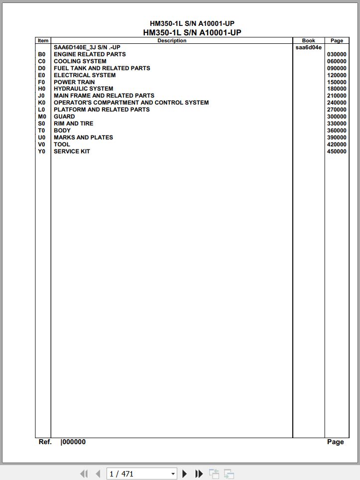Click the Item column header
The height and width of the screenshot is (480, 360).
43,41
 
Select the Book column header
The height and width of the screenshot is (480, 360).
308,41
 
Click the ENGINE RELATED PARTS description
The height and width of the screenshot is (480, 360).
90,54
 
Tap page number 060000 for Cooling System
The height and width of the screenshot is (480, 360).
337,61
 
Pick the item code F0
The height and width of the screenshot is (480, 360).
42,82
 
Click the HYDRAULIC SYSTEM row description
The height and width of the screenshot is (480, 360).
83,89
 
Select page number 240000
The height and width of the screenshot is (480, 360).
337,103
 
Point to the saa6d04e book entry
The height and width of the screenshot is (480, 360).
308,48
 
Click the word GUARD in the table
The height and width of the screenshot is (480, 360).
64,117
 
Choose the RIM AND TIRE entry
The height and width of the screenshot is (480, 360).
73,123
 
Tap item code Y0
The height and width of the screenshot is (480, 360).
42,151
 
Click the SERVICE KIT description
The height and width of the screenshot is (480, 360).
72,151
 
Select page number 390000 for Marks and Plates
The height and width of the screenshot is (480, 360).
337,137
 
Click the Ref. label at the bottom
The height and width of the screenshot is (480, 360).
45,442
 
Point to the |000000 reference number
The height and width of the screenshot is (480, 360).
73,442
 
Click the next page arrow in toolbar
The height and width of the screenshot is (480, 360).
185,474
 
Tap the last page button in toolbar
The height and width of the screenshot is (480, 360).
199,474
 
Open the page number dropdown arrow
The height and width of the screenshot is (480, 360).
173,474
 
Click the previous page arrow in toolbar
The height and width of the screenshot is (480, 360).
98,474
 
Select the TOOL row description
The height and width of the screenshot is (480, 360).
62,144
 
